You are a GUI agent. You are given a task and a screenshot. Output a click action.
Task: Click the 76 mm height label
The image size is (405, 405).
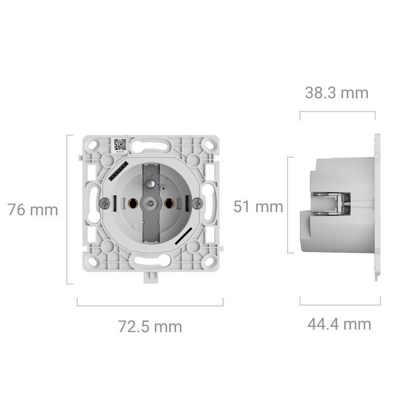point(33,210)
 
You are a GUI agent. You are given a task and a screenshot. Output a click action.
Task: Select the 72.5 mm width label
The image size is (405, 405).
point(150,327)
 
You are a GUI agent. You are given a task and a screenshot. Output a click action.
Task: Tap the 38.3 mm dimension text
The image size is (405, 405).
point(337,93)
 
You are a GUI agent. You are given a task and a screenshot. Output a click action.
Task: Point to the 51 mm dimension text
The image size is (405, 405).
point(258,207)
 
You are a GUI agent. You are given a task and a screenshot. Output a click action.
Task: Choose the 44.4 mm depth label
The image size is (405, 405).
point(339,323)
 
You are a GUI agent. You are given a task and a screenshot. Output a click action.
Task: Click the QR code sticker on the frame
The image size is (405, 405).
point(119,145)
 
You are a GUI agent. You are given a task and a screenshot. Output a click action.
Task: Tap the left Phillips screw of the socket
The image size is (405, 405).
point(105,203)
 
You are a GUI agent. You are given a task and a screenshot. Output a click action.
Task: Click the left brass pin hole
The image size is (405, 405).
point(133,203)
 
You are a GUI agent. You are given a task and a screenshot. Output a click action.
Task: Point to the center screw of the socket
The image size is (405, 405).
point(150,204)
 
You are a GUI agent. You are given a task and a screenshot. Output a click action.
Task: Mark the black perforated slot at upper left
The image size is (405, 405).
point(115,172)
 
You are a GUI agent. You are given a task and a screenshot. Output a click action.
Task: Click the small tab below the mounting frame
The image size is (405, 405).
point(150,277)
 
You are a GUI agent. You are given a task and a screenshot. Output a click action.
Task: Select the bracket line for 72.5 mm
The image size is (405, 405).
point(150,305)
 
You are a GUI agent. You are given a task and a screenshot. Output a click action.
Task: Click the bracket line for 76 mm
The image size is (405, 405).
point(68,210)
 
